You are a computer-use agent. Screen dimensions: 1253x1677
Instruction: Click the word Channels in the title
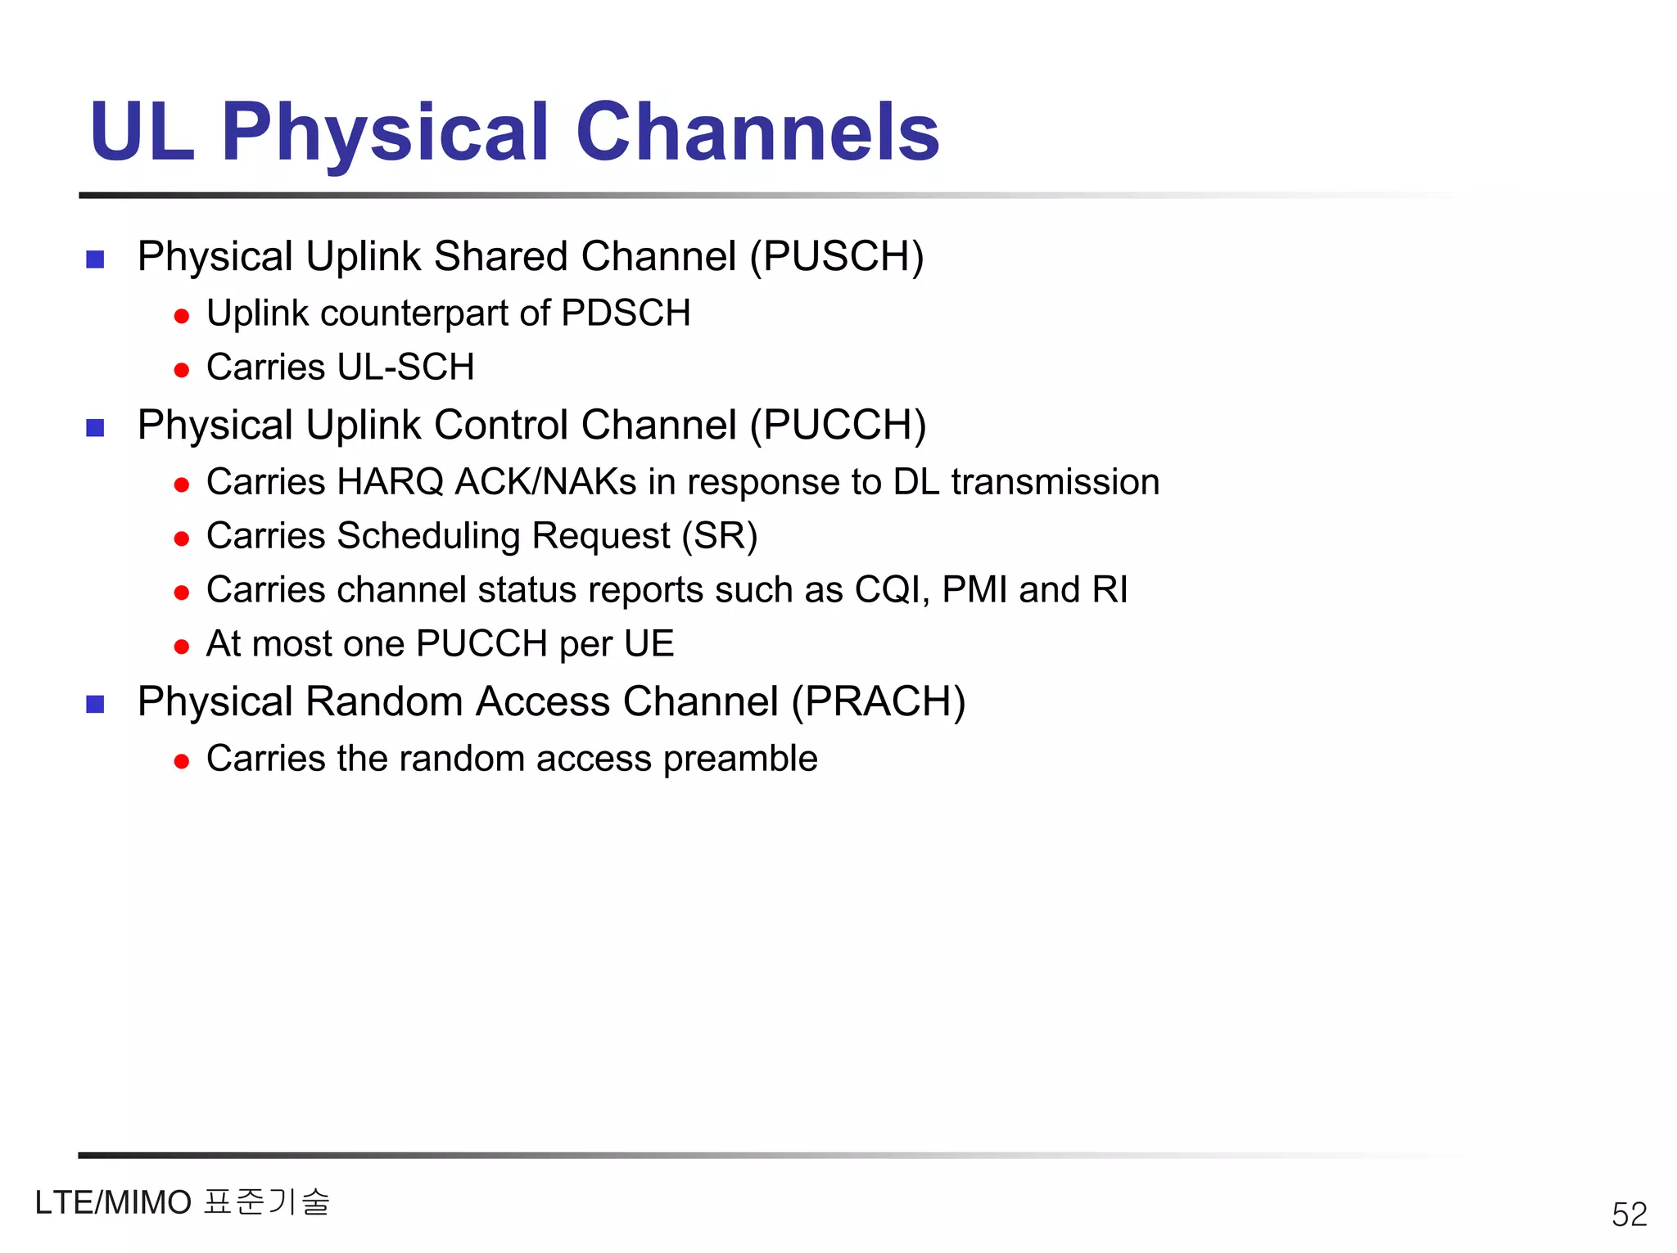757,133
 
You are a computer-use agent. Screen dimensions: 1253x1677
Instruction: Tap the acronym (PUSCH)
837,257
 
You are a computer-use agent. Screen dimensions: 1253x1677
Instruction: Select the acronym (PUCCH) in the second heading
838,426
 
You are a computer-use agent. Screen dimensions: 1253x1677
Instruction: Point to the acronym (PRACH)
879,702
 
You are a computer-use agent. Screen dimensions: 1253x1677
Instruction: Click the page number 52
1629,1214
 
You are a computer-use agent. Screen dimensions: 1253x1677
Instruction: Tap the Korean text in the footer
267,1202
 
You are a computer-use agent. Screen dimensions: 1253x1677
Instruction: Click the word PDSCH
626,313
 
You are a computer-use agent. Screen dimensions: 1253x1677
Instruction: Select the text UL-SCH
405,367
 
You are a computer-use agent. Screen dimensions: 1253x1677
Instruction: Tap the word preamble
740,759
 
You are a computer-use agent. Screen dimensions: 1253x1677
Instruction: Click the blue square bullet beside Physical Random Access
96,704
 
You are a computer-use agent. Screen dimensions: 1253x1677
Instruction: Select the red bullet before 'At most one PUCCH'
182,647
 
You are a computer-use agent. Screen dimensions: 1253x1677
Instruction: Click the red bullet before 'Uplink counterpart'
182,316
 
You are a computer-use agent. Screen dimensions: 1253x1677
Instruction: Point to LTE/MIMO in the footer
113,1203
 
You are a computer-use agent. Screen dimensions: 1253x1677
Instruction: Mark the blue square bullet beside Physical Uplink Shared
96,259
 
